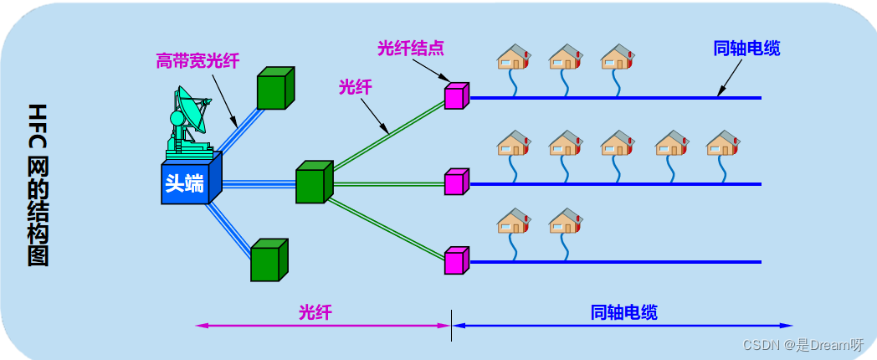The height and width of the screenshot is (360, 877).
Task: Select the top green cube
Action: coord(274,88)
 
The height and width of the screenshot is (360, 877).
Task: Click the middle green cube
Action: coord(313,183)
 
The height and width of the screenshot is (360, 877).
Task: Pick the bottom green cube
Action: coord(268,260)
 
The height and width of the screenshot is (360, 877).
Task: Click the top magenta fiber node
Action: coord(455,96)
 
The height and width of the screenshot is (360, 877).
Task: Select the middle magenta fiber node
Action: coord(455,182)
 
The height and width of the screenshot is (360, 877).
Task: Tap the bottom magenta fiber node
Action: coord(455,260)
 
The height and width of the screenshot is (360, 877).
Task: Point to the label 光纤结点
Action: coord(410,48)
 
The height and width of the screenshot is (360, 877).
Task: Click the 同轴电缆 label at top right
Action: coord(747,49)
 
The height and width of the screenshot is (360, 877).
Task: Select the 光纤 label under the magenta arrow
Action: coord(315,312)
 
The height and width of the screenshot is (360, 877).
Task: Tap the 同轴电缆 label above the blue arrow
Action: coord(623,312)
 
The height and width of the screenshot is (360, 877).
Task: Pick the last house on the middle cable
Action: coord(723,143)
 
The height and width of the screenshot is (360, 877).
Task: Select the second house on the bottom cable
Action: coord(566,222)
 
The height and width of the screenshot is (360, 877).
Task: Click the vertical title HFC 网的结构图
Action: coord(38,184)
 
